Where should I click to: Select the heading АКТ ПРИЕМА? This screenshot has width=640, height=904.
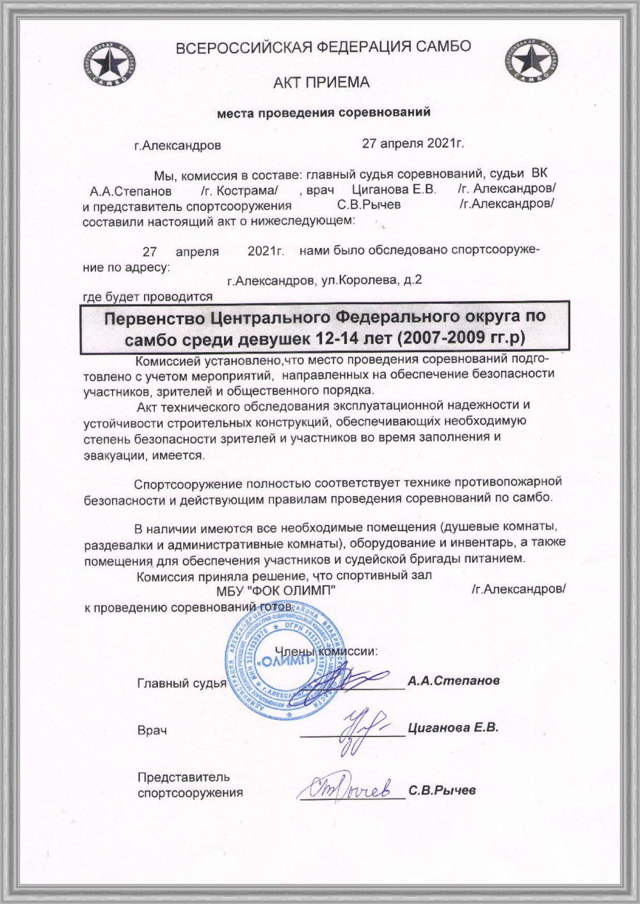(x=321, y=82)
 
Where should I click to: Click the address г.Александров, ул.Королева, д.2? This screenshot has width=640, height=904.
(x=324, y=280)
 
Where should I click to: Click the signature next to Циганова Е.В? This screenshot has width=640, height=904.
(x=362, y=724)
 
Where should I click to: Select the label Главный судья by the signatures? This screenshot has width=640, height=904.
(x=182, y=683)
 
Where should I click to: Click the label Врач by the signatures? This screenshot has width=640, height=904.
(x=152, y=730)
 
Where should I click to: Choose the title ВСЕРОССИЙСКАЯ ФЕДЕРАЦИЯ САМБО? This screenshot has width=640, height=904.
(x=323, y=47)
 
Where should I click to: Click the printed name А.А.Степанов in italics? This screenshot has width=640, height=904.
(x=453, y=680)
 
